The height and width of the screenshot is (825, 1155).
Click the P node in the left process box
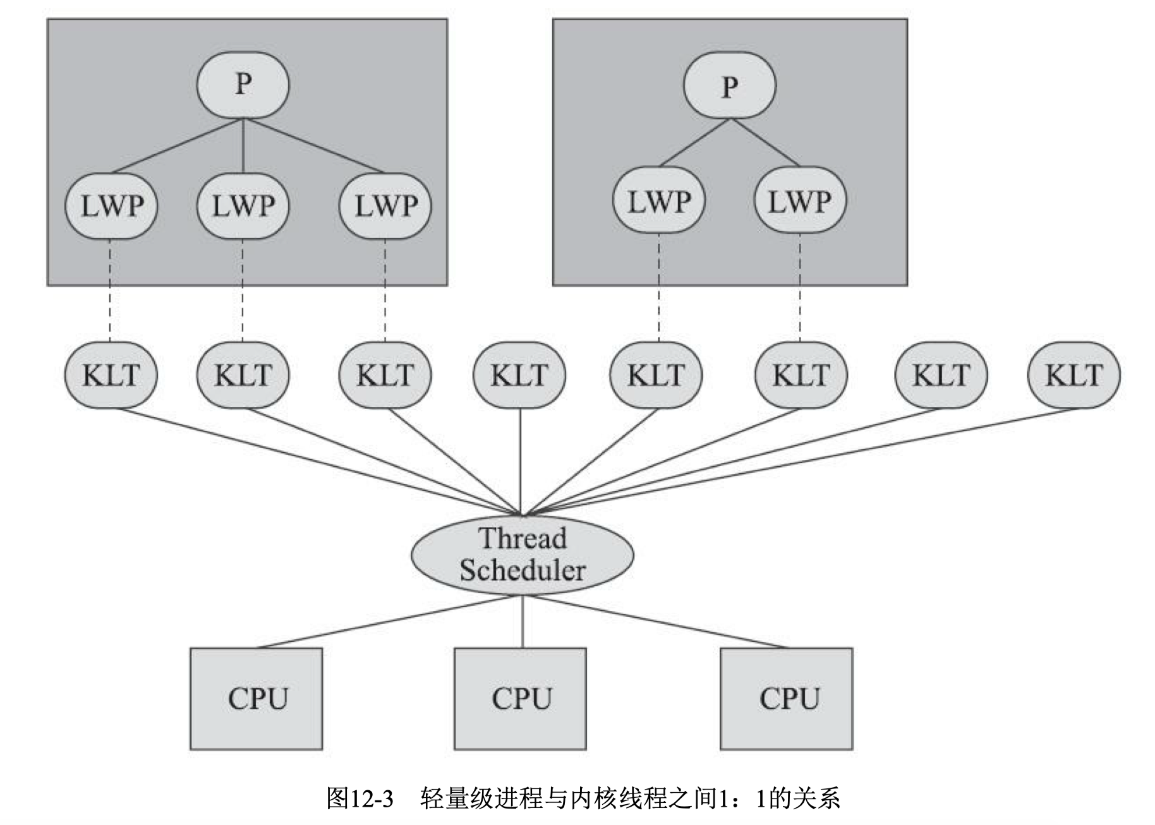point(243,85)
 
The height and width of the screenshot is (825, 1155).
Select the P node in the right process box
point(730,85)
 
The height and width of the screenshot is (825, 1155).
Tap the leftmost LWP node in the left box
point(111,206)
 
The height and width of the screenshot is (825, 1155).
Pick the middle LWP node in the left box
point(243,206)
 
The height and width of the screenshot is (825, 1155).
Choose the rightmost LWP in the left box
point(385,206)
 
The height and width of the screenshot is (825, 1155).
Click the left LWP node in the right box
point(659,201)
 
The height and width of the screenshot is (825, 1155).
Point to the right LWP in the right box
point(801,201)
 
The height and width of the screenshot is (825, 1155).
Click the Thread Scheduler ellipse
point(523,555)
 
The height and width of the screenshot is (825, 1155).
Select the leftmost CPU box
point(257,699)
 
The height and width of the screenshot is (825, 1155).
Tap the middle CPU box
point(521,699)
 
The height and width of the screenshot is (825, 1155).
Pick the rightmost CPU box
point(787,699)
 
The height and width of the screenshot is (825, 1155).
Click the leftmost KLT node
point(111,375)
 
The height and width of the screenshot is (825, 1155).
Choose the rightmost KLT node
point(1074,375)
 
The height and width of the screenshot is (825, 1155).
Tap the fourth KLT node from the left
point(519,375)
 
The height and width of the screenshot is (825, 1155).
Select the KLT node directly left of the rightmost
point(941,375)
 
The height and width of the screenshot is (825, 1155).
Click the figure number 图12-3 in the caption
point(360,798)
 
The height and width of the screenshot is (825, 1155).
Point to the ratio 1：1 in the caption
point(743,798)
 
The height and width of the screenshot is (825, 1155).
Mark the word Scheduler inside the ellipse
point(523,570)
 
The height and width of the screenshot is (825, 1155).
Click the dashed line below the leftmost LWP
point(111,291)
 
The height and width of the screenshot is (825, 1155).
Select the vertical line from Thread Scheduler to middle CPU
point(523,621)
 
